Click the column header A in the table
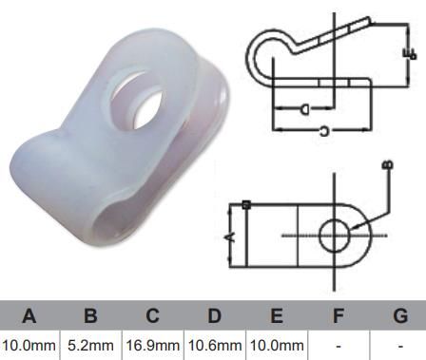click(x=29, y=315)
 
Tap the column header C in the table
click(x=152, y=315)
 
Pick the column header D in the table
click(x=214, y=315)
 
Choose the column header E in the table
click(x=276, y=315)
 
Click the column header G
click(x=399, y=315)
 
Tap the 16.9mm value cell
click(x=152, y=345)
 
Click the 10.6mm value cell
click(x=214, y=345)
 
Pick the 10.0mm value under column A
click(x=29, y=345)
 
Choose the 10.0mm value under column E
click(x=276, y=345)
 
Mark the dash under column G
click(x=399, y=345)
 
